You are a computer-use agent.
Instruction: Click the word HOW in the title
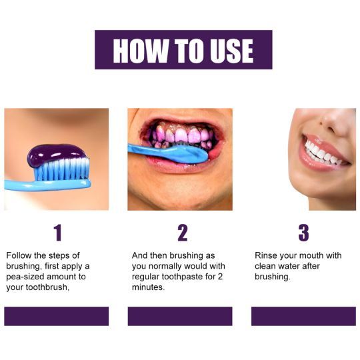click(x=140, y=51)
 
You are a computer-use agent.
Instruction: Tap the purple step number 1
click(x=57, y=233)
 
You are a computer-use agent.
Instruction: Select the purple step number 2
click(x=183, y=233)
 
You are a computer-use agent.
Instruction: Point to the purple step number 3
click(x=303, y=233)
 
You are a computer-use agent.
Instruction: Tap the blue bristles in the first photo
click(x=61, y=169)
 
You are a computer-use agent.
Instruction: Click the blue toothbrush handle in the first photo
click(x=47, y=185)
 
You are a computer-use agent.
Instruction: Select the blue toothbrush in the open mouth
click(x=168, y=153)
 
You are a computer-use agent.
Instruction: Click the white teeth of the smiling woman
click(x=323, y=153)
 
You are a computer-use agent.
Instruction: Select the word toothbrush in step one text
click(x=47, y=287)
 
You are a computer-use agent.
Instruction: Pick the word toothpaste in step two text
click(x=182, y=277)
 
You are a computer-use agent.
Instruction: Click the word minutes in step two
click(x=148, y=287)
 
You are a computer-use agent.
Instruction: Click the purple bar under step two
click(x=180, y=316)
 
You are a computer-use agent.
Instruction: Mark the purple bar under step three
click(x=303, y=316)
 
